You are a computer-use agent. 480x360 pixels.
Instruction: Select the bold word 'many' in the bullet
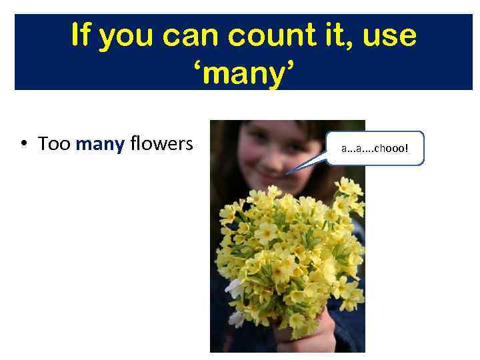point(100,144)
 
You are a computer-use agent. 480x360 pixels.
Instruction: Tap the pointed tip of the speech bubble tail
point(286,174)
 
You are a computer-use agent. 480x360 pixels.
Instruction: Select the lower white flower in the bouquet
point(236,318)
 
